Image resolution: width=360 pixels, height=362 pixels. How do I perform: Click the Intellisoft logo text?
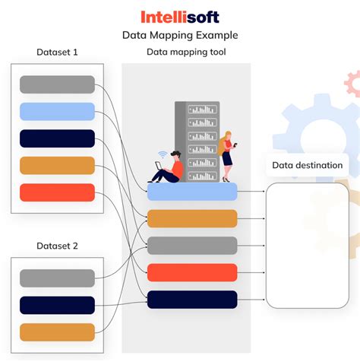point(180,17)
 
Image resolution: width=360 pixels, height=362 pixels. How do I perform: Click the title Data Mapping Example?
point(180,35)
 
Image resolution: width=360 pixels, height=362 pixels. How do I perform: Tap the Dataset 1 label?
point(57,52)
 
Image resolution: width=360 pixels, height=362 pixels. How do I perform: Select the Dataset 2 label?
point(57,246)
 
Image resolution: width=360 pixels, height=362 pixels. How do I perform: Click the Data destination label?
point(307,165)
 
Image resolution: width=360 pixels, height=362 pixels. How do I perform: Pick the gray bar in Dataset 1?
point(57,84)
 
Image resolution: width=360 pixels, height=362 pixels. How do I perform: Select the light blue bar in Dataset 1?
point(57,111)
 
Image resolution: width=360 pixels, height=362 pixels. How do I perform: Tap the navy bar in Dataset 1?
point(57,138)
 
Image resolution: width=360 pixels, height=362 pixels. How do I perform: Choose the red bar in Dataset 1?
point(57,192)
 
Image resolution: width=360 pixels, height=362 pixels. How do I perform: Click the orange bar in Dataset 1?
point(57,165)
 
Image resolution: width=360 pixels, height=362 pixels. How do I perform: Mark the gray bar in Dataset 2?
point(57,278)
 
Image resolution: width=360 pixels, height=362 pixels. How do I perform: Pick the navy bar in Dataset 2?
point(57,305)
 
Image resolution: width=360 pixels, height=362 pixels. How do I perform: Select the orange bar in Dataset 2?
point(57,332)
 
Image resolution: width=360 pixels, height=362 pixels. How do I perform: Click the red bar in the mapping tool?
point(192,272)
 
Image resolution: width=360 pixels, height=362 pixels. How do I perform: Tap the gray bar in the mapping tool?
point(192,246)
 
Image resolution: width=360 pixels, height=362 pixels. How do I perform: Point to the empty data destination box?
point(307,243)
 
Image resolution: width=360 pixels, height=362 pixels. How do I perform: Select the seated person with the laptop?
point(169,167)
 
